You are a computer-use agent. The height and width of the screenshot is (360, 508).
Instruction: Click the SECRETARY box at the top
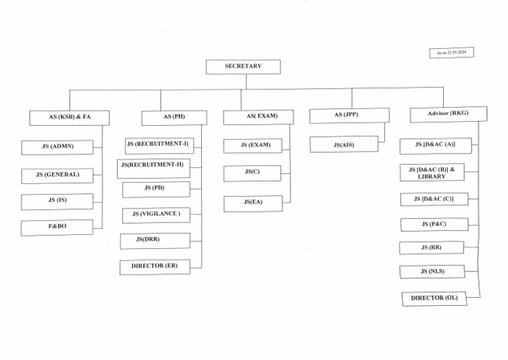click(x=243, y=66)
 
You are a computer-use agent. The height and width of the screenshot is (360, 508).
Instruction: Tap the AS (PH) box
click(x=174, y=117)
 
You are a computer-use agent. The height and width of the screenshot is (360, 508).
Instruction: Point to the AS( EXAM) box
click(x=259, y=116)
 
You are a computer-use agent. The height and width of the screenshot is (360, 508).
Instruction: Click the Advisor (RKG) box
click(x=448, y=114)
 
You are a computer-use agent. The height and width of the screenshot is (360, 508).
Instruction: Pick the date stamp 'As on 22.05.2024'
click(x=452, y=52)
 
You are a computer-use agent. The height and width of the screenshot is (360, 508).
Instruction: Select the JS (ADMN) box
click(x=58, y=146)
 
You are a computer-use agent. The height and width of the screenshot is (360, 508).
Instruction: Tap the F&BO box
click(x=57, y=227)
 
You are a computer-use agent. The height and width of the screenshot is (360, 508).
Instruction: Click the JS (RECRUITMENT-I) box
click(x=159, y=144)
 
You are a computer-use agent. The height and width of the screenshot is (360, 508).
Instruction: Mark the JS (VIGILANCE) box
click(x=156, y=214)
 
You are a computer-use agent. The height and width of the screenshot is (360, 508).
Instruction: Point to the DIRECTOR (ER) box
click(x=155, y=266)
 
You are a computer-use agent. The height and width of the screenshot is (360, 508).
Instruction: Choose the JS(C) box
click(x=252, y=172)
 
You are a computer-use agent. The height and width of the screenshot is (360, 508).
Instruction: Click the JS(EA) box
click(x=253, y=202)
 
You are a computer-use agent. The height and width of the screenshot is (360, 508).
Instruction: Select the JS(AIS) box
click(x=344, y=144)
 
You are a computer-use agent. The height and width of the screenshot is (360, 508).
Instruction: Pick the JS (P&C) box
click(x=433, y=224)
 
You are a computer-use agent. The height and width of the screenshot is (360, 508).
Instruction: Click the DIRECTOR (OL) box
click(x=434, y=298)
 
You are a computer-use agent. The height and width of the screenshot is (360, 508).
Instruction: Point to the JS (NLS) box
click(x=432, y=271)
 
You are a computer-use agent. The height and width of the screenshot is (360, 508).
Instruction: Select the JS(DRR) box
click(x=155, y=240)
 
